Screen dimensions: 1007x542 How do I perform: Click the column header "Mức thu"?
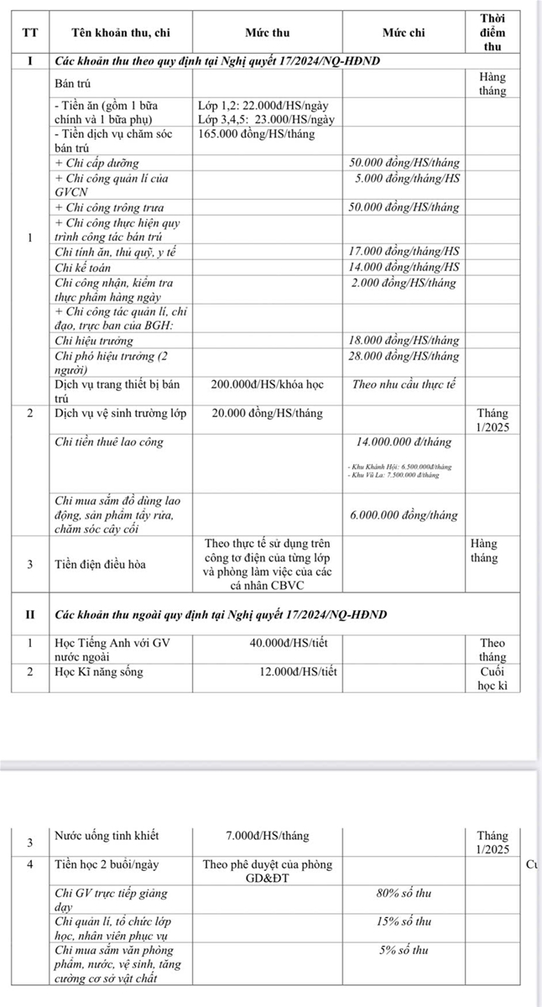pos(267,33)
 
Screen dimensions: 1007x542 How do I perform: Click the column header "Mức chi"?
pos(404,33)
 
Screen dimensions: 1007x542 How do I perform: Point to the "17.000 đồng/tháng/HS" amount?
pos(404,251)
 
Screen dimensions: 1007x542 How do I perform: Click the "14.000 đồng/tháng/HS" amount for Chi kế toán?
pos(404,267)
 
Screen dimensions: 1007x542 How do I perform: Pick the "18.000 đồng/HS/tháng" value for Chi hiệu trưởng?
pos(404,341)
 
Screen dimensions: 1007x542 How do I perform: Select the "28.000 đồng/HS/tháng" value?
pos(404,356)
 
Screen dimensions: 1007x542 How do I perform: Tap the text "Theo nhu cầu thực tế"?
pos(404,383)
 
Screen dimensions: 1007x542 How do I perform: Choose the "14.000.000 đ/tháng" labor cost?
pos(404,441)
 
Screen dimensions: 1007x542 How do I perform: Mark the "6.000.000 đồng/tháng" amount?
pos(404,514)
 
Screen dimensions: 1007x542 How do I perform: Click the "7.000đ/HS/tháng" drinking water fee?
pos(267,836)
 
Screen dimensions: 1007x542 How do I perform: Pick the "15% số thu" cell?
pos(404,921)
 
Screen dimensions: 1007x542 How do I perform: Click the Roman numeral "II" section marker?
pos(30,614)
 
